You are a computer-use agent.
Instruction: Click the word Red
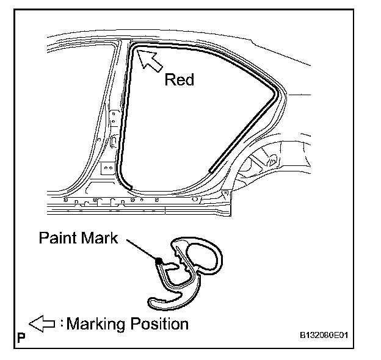[179, 81]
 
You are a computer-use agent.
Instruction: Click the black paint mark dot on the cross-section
[159, 261]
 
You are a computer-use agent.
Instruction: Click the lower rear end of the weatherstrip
[211, 169]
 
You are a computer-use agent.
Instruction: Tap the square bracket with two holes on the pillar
[107, 168]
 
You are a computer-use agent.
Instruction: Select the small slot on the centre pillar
[115, 141]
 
